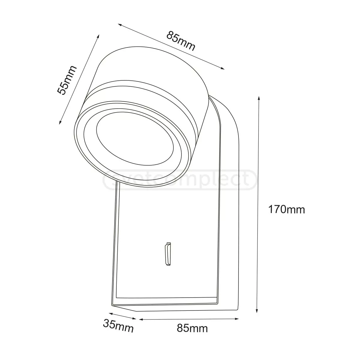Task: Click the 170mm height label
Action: coord(286,209)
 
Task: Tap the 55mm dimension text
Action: coord(67,80)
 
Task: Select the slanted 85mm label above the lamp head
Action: coord(181,41)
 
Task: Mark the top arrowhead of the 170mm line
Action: coord(259,98)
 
